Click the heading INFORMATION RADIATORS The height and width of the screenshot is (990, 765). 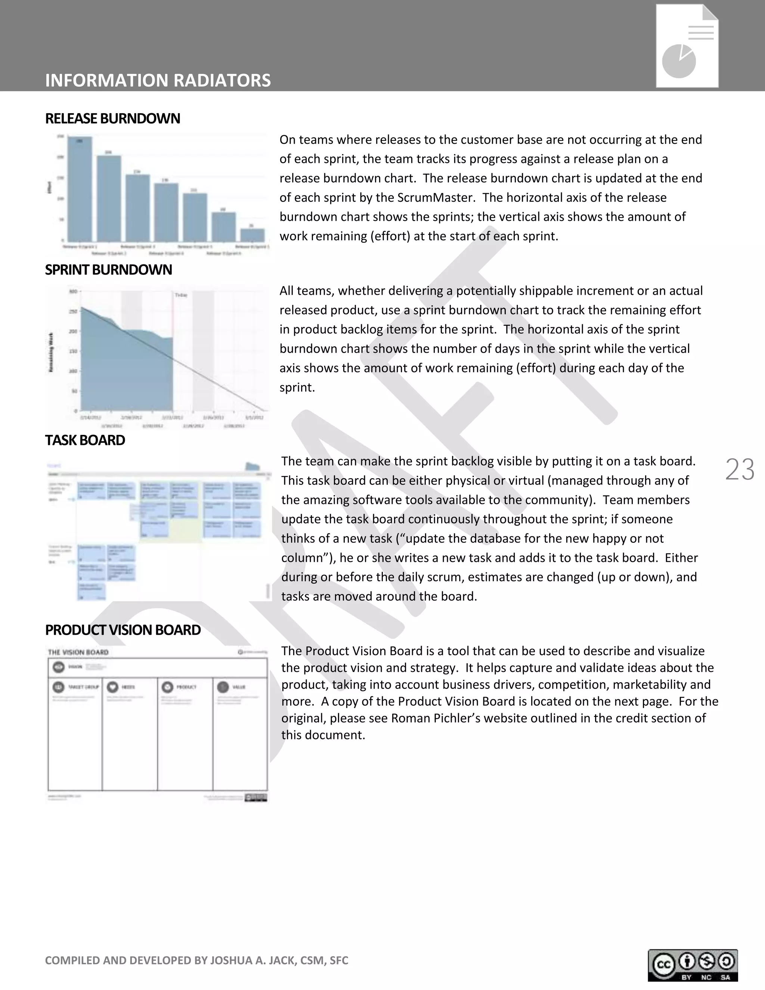(158, 80)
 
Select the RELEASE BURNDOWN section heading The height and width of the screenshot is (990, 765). (112, 119)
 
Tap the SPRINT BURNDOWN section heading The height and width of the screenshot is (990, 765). (108, 270)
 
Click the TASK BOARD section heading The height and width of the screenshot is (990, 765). (85, 440)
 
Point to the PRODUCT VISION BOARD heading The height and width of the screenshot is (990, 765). (123, 630)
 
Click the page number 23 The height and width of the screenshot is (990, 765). (740, 469)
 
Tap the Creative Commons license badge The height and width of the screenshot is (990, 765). (693, 965)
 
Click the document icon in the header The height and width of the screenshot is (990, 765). (687, 46)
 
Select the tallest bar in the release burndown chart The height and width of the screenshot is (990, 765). (80, 188)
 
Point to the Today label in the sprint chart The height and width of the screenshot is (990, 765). (181, 295)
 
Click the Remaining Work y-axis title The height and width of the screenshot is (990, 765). (51, 352)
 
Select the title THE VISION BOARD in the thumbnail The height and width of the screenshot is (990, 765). (78, 652)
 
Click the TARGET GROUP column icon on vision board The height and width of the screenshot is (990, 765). (58, 687)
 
